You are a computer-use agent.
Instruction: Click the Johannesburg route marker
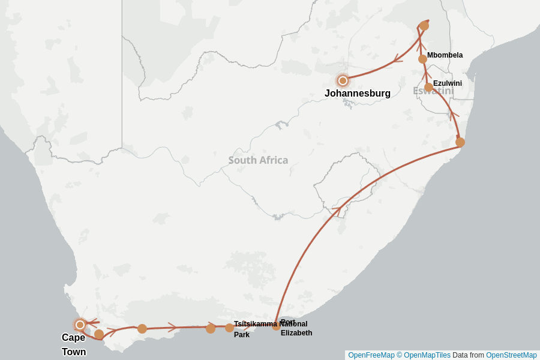pos(343,80)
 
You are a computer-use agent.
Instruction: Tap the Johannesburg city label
pos(358,94)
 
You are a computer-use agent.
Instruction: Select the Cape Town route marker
pos(80,325)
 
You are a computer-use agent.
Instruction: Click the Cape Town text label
pos(74,344)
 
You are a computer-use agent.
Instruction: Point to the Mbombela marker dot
pos(422,59)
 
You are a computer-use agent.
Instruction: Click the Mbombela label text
pos(445,55)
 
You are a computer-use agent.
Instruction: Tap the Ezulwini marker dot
pos(428,88)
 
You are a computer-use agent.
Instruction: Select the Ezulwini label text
pos(448,83)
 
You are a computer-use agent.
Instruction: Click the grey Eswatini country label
pos(433,91)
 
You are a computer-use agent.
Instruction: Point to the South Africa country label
pos(258,160)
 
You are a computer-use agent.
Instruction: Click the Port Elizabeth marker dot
pos(276,326)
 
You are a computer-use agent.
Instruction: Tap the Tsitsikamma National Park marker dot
pos(229,328)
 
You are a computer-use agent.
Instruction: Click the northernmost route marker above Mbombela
pos(424,26)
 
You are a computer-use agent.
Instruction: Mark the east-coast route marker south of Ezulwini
pos(460,142)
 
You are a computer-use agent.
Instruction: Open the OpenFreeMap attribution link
pos(371,355)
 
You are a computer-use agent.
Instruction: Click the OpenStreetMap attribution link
pos(511,355)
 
